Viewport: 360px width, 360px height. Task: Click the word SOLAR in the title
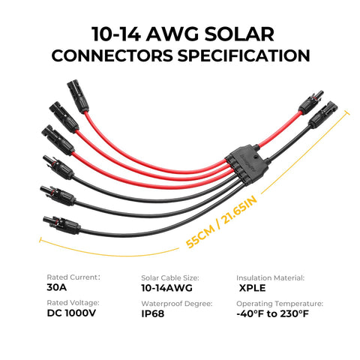(239, 34)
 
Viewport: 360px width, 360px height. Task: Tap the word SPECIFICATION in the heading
(244, 55)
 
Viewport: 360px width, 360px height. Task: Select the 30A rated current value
(57, 287)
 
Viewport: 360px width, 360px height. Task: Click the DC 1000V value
(71, 313)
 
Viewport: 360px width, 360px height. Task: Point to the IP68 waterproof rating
(153, 313)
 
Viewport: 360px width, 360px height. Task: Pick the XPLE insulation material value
(252, 288)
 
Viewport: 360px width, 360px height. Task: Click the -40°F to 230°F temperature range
(272, 313)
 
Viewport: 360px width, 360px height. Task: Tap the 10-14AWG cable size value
(167, 288)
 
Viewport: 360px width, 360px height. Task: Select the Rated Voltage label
(73, 303)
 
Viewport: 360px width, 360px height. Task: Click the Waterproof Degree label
(177, 304)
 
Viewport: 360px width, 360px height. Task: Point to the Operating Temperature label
(280, 304)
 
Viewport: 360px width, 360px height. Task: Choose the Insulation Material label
(271, 278)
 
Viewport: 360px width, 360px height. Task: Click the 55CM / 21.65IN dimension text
(221, 222)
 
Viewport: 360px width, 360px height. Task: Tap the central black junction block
(247, 164)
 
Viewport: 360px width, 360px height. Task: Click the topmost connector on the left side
(78, 97)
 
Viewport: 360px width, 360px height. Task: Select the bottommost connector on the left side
(61, 225)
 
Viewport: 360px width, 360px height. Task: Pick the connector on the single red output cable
(311, 103)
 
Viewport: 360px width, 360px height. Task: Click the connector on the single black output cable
(323, 115)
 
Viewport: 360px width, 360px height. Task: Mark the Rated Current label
(73, 277)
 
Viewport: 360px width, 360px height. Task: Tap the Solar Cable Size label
(170, 278)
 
